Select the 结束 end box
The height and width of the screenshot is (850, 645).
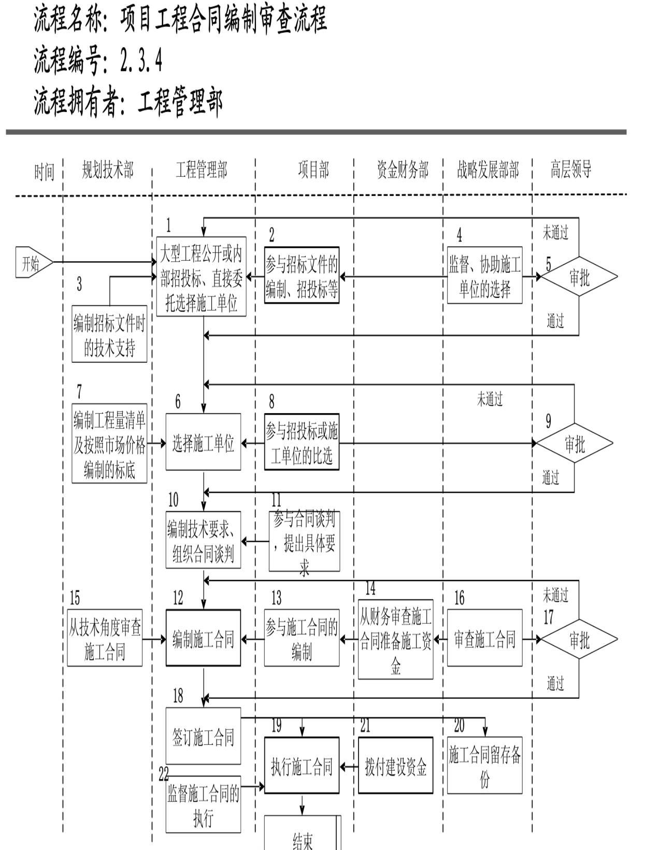click(303, 833)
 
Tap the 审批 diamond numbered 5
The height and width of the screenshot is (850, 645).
click(579, 277)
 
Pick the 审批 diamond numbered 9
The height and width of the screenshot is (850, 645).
click(574, 444)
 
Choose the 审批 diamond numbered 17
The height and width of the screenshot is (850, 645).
click(579, 639)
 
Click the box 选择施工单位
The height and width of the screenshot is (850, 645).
click(203, 442)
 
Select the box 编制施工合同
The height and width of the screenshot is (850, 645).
click(203, 638)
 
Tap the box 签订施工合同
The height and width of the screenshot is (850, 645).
click(203, 736)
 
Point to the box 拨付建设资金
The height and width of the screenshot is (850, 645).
click(395, 766)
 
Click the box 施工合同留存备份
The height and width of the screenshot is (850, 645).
click(484, 766)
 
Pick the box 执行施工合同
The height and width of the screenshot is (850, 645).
click(302, 766)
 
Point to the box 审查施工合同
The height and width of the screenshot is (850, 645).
click(484, 638)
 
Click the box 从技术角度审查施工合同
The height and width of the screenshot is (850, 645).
click(105, 638)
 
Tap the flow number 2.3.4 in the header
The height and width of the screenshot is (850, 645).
click(141, 61)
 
